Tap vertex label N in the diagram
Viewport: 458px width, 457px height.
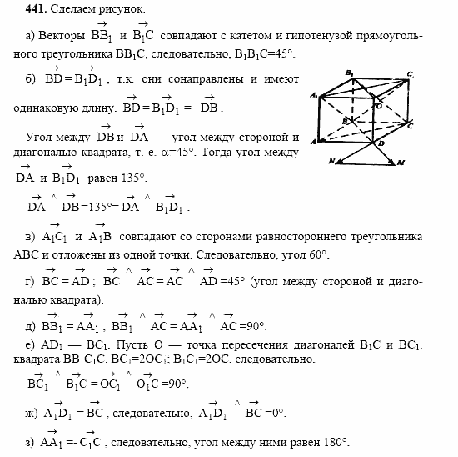click(331, 161)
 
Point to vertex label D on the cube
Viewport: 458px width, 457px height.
click(382, 144)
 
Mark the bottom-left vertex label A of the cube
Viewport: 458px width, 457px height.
click(313, 142)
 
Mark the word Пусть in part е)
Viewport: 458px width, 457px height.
click(132, 344)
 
